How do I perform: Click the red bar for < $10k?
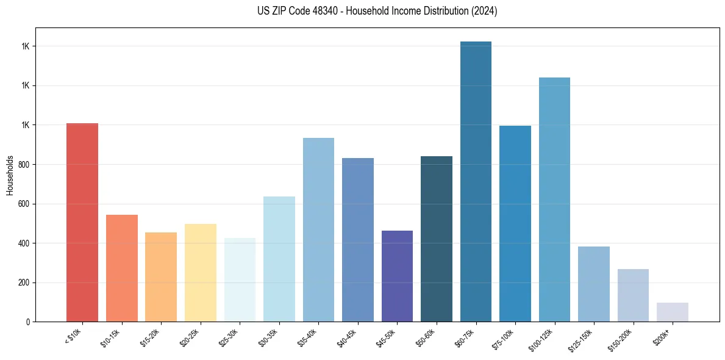tap(82, 222)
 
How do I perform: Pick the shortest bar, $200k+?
tap(672, 312)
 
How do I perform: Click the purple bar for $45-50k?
tap(397, 276)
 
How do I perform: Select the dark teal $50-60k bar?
tap(437, 239)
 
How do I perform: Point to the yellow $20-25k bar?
tap(200, 273)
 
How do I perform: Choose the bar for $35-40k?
tap(318, 229)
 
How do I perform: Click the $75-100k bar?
tap(515, 223)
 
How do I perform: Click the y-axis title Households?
tap(10, 175)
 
